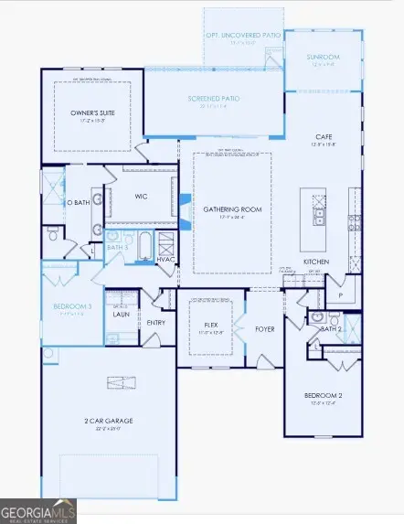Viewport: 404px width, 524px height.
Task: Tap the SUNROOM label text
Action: pyautogui.click(x=323, y=57)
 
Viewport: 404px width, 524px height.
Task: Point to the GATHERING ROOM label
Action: pyautogui.click(x=231, y=209)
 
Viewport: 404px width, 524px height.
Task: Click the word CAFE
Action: pyautogui.click(x=324, y=136)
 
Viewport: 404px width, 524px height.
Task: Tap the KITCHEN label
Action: pyautogui.click(x=317, y=262)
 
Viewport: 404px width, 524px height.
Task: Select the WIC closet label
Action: pyautogui.click(x=142, y=197)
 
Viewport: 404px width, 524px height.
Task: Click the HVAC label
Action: pyautogui.click(x=165, y=259)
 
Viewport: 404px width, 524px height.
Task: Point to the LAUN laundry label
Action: pyautogui.click(x=120, y=313)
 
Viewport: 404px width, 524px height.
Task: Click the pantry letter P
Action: pyautogui.click(x=339, y=296)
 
